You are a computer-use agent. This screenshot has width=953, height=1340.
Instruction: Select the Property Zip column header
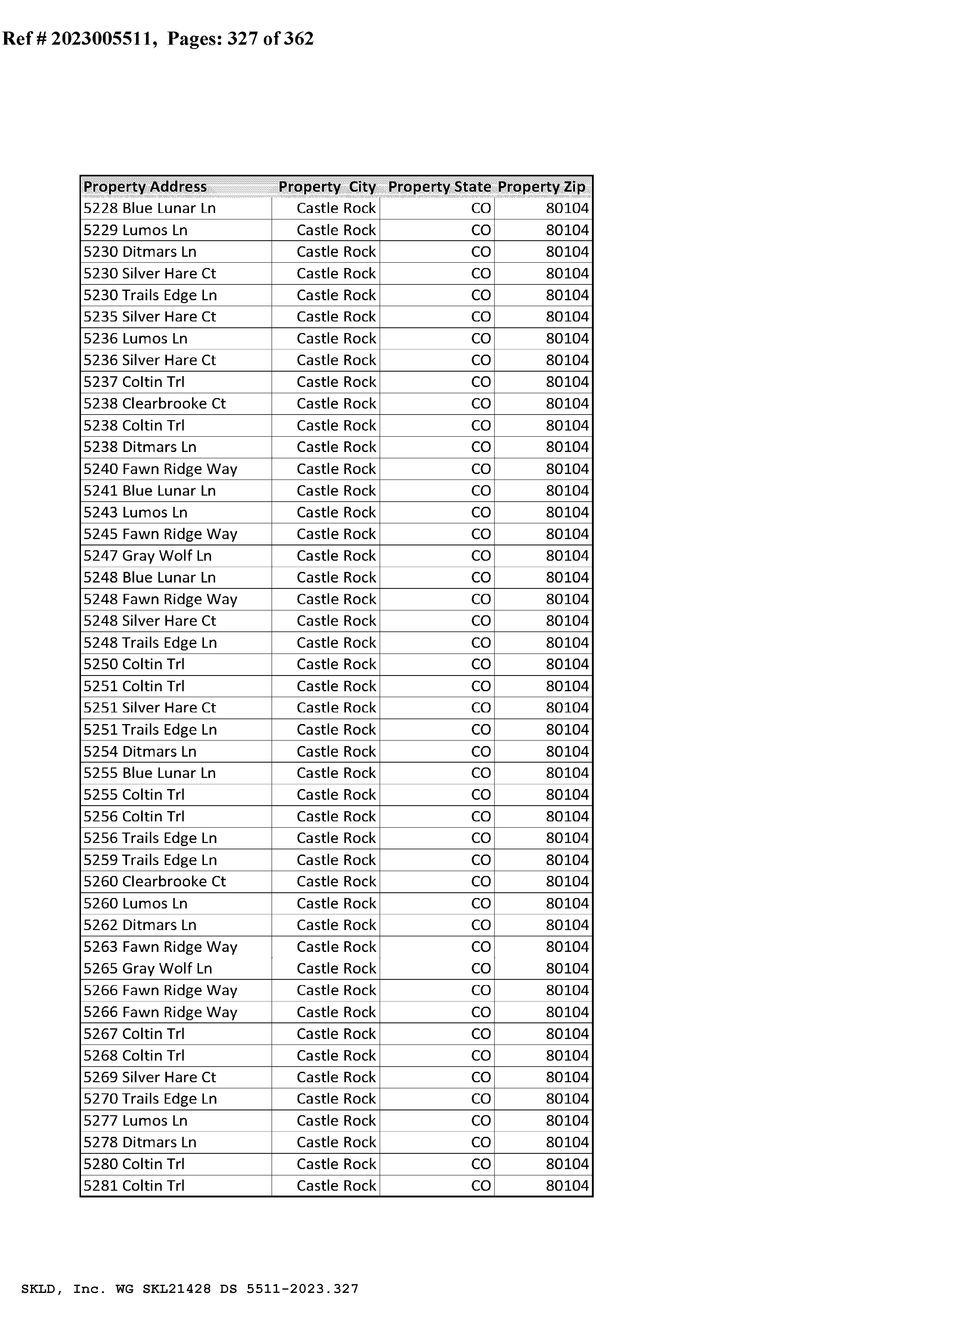541,187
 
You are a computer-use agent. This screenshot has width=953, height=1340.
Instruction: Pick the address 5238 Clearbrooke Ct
154,404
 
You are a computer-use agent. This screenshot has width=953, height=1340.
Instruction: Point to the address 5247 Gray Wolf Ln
147,556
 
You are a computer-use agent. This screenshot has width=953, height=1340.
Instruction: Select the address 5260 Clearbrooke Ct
154,882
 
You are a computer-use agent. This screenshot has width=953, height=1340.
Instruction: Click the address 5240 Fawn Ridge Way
160,469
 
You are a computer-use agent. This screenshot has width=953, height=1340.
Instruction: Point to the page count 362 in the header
299,39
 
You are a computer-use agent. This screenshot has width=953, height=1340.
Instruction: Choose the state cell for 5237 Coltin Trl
481,382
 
